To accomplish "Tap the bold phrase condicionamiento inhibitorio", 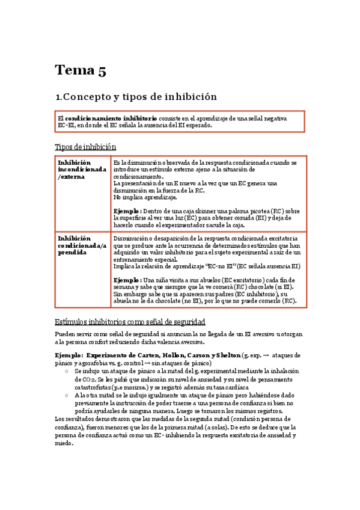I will [x=111, y=118].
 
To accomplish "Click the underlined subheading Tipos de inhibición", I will [x=85, y=147].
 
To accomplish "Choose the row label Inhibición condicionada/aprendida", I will [x=81, y=245].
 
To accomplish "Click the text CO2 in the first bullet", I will [x=82, y=379].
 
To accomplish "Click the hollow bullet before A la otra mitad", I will [x=66, y=395].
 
